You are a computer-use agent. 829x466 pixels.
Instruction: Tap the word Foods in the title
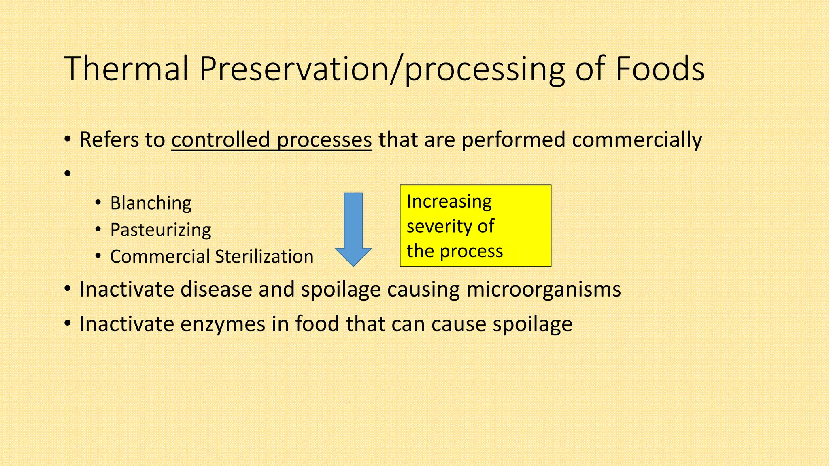click(660, 69)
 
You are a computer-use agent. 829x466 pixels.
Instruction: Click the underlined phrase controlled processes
click(271, 140)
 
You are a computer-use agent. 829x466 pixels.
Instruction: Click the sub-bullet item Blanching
click(151, 203)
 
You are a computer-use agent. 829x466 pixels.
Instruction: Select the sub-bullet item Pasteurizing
click(160, 230)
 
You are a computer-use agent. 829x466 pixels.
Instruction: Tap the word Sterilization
click(264, 256)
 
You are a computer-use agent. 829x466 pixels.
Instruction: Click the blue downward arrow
click(353, 229)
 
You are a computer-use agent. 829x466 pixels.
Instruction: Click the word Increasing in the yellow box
click(449, 201)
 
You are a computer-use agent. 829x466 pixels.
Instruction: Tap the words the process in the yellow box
click(455, 251)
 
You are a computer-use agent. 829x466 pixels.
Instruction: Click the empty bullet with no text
click(68, 174)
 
